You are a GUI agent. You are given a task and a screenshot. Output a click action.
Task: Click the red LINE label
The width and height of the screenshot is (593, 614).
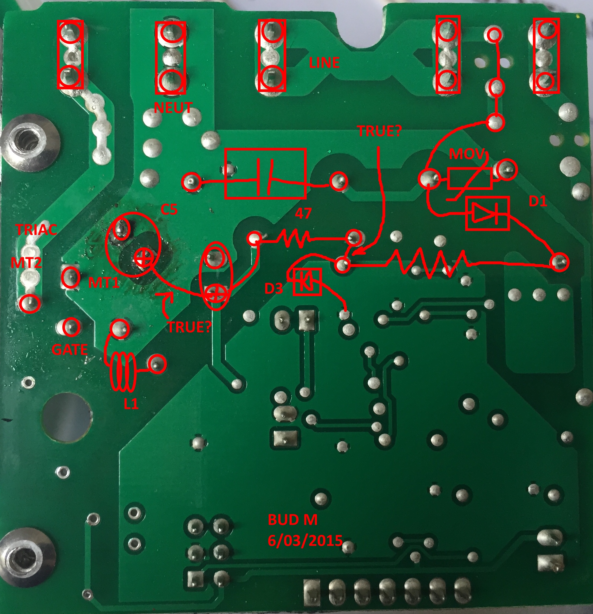pyautogui.click(x=324, y=63)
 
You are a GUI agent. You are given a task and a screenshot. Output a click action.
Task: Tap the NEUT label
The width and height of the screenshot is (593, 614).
pyautogui.click(x=173, y=108)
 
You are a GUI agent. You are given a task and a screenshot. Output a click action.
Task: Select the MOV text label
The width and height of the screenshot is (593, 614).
pyautogui.click(x=467, y=154)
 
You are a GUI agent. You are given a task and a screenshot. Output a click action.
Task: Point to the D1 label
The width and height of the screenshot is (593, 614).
pyautogui.click(x=537, y=201)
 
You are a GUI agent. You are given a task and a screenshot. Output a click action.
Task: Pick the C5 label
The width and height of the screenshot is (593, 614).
pyautogui.click(x=169, y=209)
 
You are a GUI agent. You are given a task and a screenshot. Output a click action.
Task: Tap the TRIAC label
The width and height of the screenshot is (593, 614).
pyautogui.click(x=36, y=230)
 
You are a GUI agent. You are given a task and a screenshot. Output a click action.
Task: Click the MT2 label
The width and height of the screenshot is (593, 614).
pyautogui.click(x=26, y=263)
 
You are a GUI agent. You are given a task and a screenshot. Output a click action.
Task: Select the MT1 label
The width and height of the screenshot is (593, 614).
pyautogui.click(x=104, y=283)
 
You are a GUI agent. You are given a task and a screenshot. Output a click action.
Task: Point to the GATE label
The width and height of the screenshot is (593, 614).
pyautogui.click(x=69, y=350)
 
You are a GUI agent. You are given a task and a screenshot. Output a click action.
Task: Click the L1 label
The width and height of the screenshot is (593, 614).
pyautogui.click(x=131, y=404)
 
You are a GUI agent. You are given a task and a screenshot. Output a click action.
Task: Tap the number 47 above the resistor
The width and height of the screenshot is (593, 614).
pyautogui.click(x=303, y=214)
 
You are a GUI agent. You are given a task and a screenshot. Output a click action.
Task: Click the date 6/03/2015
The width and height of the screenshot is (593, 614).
pyautogui.click(x=305, y=541)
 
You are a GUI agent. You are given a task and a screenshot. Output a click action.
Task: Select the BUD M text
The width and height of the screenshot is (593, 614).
pyautogui.click(x=292, y=520)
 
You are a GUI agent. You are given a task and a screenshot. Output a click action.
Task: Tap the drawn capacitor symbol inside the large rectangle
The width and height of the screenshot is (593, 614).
pyautogui.click(x=265, y=174)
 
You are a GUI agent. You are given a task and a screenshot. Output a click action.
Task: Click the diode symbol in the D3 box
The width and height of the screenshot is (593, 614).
pyautogui.click(x=307, y=281)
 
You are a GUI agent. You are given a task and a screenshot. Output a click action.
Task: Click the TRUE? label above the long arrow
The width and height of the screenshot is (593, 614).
pyautogui.click(x=379, y=131)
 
